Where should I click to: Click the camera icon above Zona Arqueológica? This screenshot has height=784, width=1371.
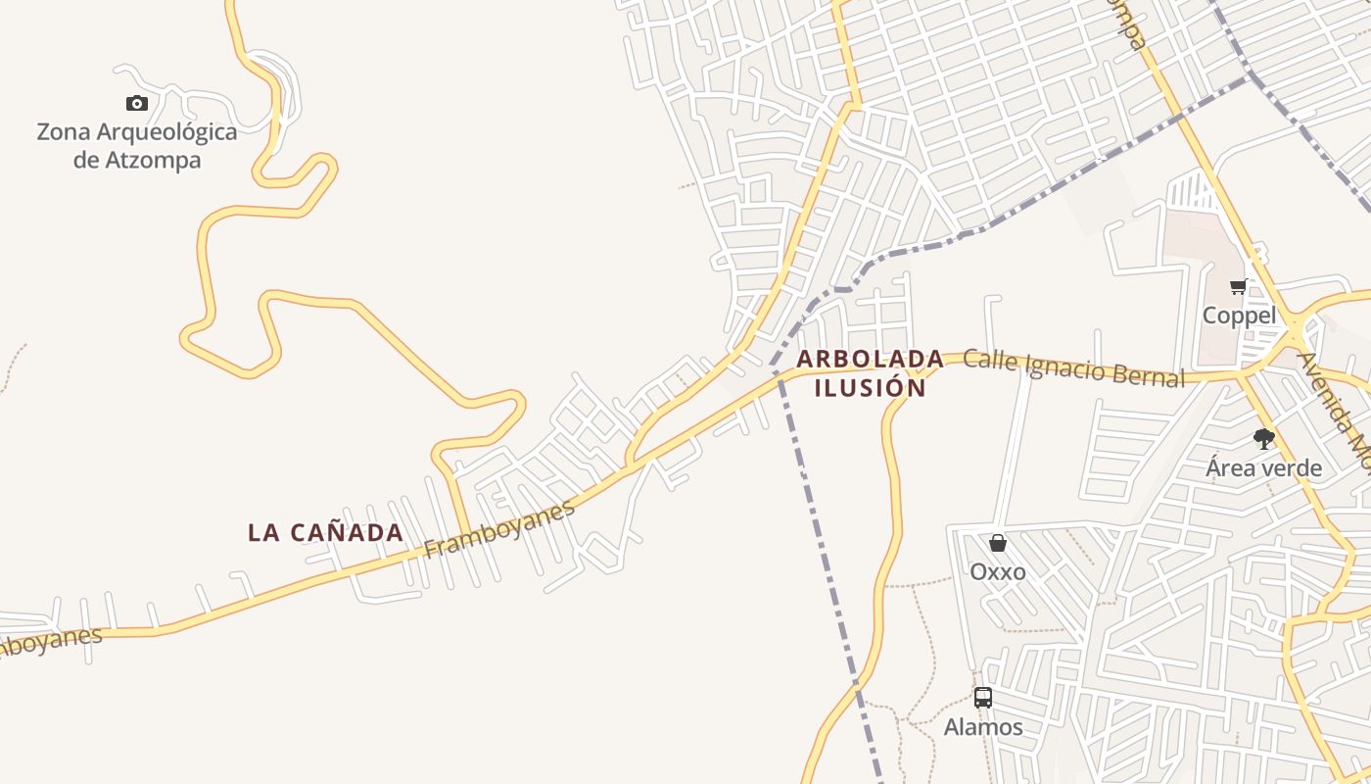tap(137, 103)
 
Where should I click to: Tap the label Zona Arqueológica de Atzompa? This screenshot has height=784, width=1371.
tap(137, 145)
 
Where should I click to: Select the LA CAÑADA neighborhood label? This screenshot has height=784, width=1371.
tap(325, 533)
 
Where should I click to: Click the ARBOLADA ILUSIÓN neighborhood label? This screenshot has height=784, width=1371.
tap(870, 373)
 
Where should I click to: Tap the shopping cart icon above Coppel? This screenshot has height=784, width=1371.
tap(1239, 287)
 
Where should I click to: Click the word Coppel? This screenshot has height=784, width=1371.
tap(1239, 316)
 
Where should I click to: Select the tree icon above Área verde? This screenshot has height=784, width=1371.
tap(1264, 439)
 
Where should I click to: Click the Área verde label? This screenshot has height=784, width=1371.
tap(1263, 467)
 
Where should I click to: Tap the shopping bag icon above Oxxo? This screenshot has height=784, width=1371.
tap(998, 543)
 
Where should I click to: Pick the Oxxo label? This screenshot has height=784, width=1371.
tap(998, 571)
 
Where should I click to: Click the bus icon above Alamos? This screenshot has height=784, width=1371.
tap(983, 698)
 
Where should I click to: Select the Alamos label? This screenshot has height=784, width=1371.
tap(983, 727)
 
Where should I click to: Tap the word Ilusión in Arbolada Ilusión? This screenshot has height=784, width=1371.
tap(870, 388)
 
